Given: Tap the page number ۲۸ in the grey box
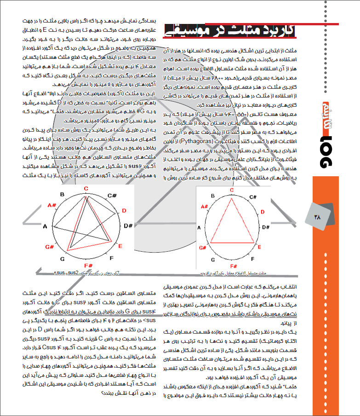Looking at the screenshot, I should (319, 216).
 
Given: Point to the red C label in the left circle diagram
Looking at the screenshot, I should (86, 188).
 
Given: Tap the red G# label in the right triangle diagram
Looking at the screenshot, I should (201, 248).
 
